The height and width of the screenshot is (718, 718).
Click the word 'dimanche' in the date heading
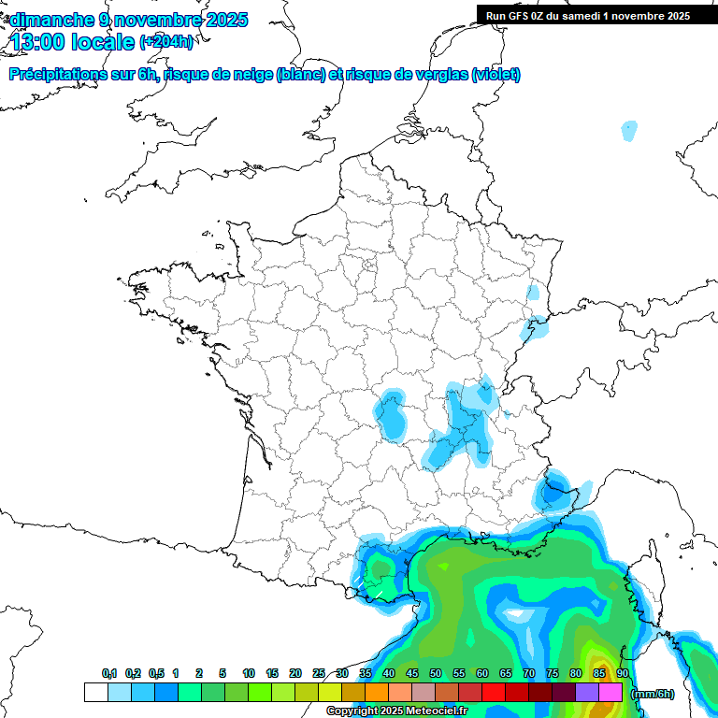51,20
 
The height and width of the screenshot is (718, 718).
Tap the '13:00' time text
38,42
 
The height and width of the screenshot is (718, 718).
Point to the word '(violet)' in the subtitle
495,75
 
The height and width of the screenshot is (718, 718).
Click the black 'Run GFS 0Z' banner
587,16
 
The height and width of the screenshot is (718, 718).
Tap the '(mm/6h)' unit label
653,694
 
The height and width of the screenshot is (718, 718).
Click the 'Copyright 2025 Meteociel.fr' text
396,711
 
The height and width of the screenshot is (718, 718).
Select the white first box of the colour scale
95,693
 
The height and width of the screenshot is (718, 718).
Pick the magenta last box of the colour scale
610,693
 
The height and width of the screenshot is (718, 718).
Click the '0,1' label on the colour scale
109,674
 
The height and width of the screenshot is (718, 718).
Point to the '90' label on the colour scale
622,674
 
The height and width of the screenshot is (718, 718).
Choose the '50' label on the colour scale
436,674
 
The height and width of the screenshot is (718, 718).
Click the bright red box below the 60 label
493,693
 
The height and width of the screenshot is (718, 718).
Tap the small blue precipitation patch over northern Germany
629,131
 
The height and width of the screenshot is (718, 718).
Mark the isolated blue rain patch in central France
390,415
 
